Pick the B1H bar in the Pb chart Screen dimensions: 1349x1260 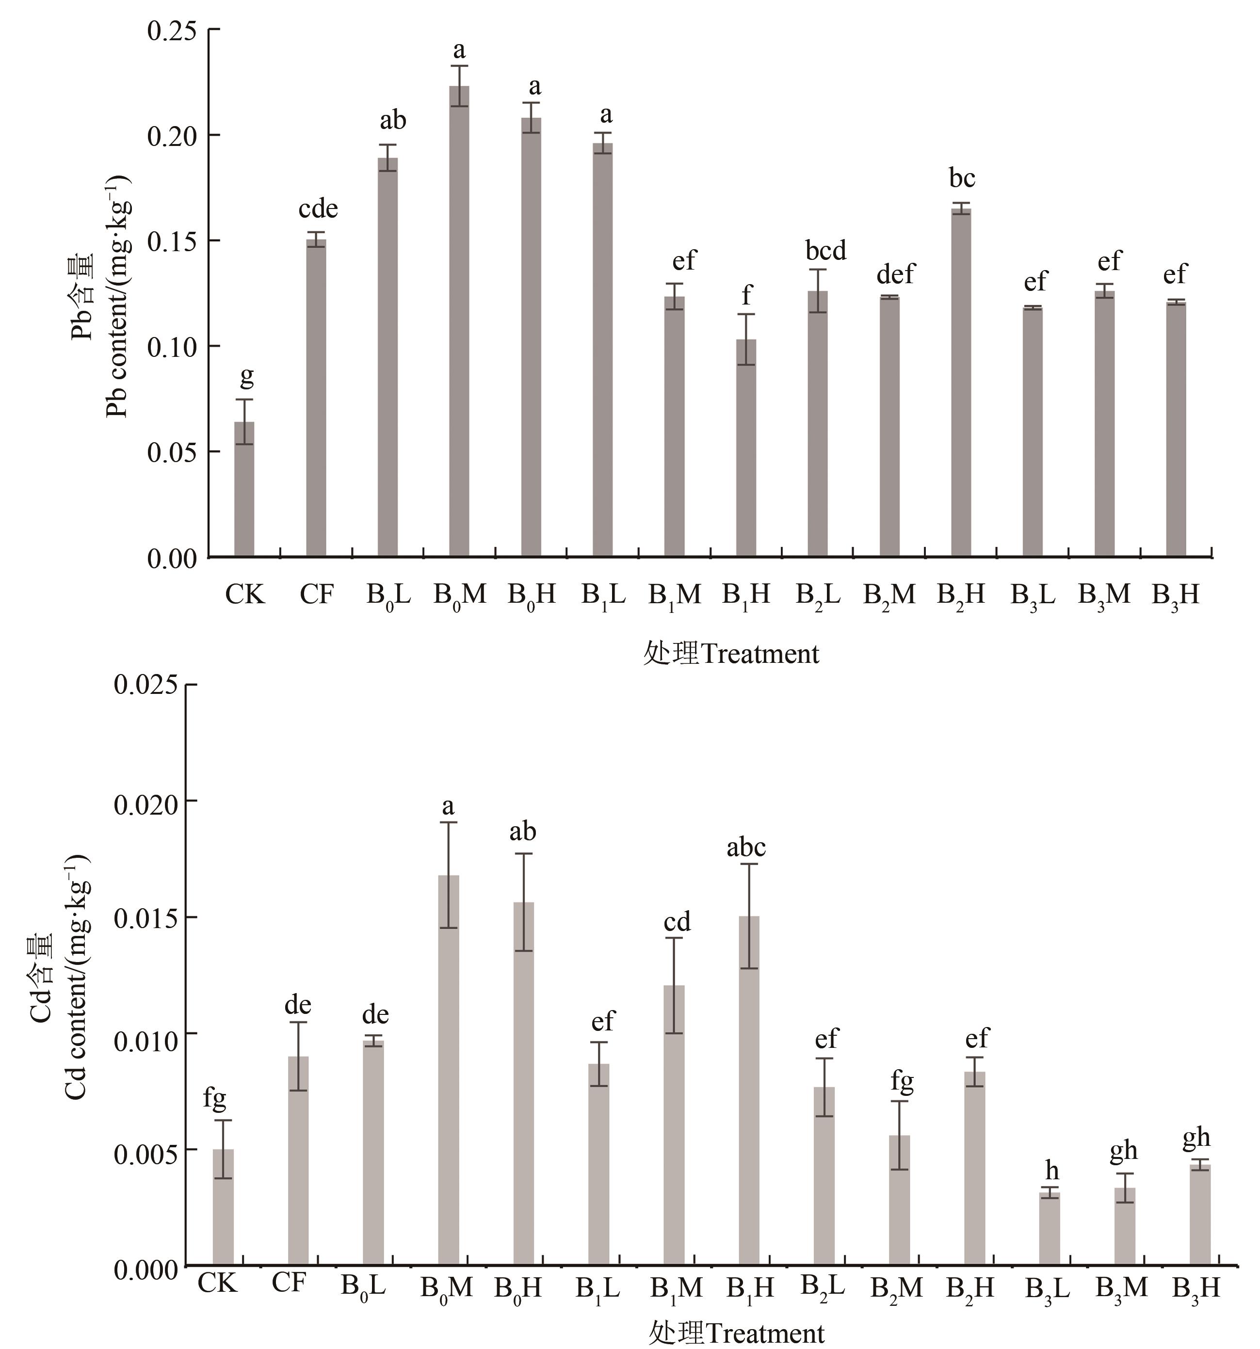(746, 448)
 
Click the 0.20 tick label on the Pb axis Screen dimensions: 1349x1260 (172, 136)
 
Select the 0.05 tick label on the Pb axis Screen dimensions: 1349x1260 (172, 452)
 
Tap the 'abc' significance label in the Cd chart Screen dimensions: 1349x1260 (746, 848)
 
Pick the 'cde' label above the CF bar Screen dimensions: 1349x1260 (318, 209)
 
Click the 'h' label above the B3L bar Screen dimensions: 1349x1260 (1051, 1171)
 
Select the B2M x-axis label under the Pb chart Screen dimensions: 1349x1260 (889, 595)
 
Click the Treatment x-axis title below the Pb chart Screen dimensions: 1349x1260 (731, 654)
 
